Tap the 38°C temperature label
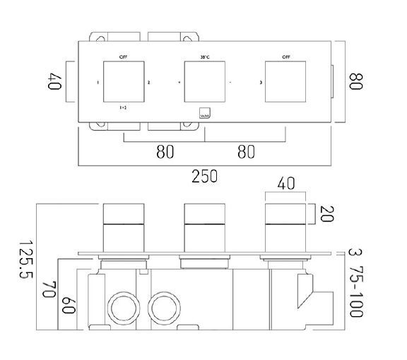pyautogui.click(x=204, y=56)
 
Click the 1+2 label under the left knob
pyautogui.click(x=123, y=108)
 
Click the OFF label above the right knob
pyautogui.click(x=285, y=56)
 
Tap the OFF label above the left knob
pyautogui.click(x=124, y=56)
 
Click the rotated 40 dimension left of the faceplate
pyautogui.click(x=55, y=83)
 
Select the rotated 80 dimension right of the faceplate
pyautogui.click(x=355, y=82)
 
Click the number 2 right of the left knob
pyautogui.click(x=148, y=83)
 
